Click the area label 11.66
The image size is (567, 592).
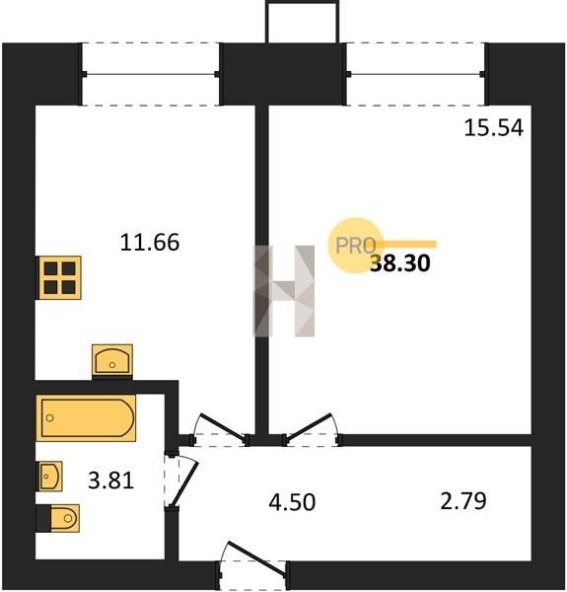150,242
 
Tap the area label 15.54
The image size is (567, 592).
494,127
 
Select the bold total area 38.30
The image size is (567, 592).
400,262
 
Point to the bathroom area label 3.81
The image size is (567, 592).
110,481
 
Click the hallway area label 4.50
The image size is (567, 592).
292,502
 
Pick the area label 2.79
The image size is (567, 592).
463,501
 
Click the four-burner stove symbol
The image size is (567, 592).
59,277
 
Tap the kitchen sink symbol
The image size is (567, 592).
112,361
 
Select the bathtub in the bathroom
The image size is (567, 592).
86,418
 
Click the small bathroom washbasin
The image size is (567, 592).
49,477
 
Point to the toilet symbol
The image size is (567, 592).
58,518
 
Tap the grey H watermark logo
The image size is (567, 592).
284,291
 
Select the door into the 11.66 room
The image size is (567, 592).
221,429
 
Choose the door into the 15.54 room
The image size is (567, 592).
313,429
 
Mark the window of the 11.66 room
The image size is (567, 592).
151,74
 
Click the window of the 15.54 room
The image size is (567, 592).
415,74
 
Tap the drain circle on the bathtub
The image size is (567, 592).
49,418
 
